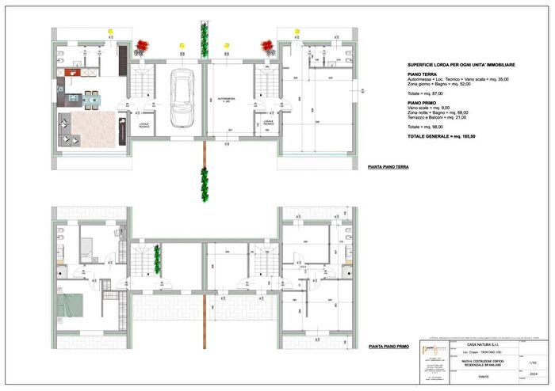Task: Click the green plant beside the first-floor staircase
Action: pyautogui.click(x=157, y=256)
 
